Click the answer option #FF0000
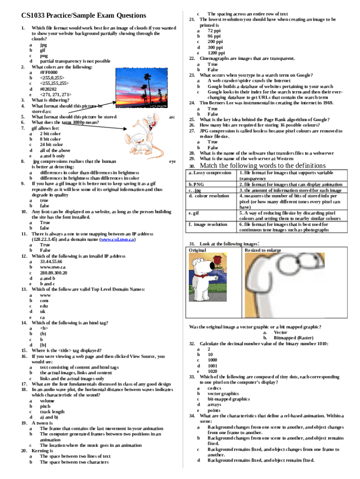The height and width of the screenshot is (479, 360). click(49, 73)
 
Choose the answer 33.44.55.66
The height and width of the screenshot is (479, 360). click(51, 261)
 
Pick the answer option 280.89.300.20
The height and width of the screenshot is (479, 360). click(53, 273)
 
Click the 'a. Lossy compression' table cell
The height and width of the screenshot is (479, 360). click(210, 173)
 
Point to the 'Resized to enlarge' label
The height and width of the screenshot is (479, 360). click(263, 250)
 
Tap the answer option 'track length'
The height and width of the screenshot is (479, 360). click(52, 412)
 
